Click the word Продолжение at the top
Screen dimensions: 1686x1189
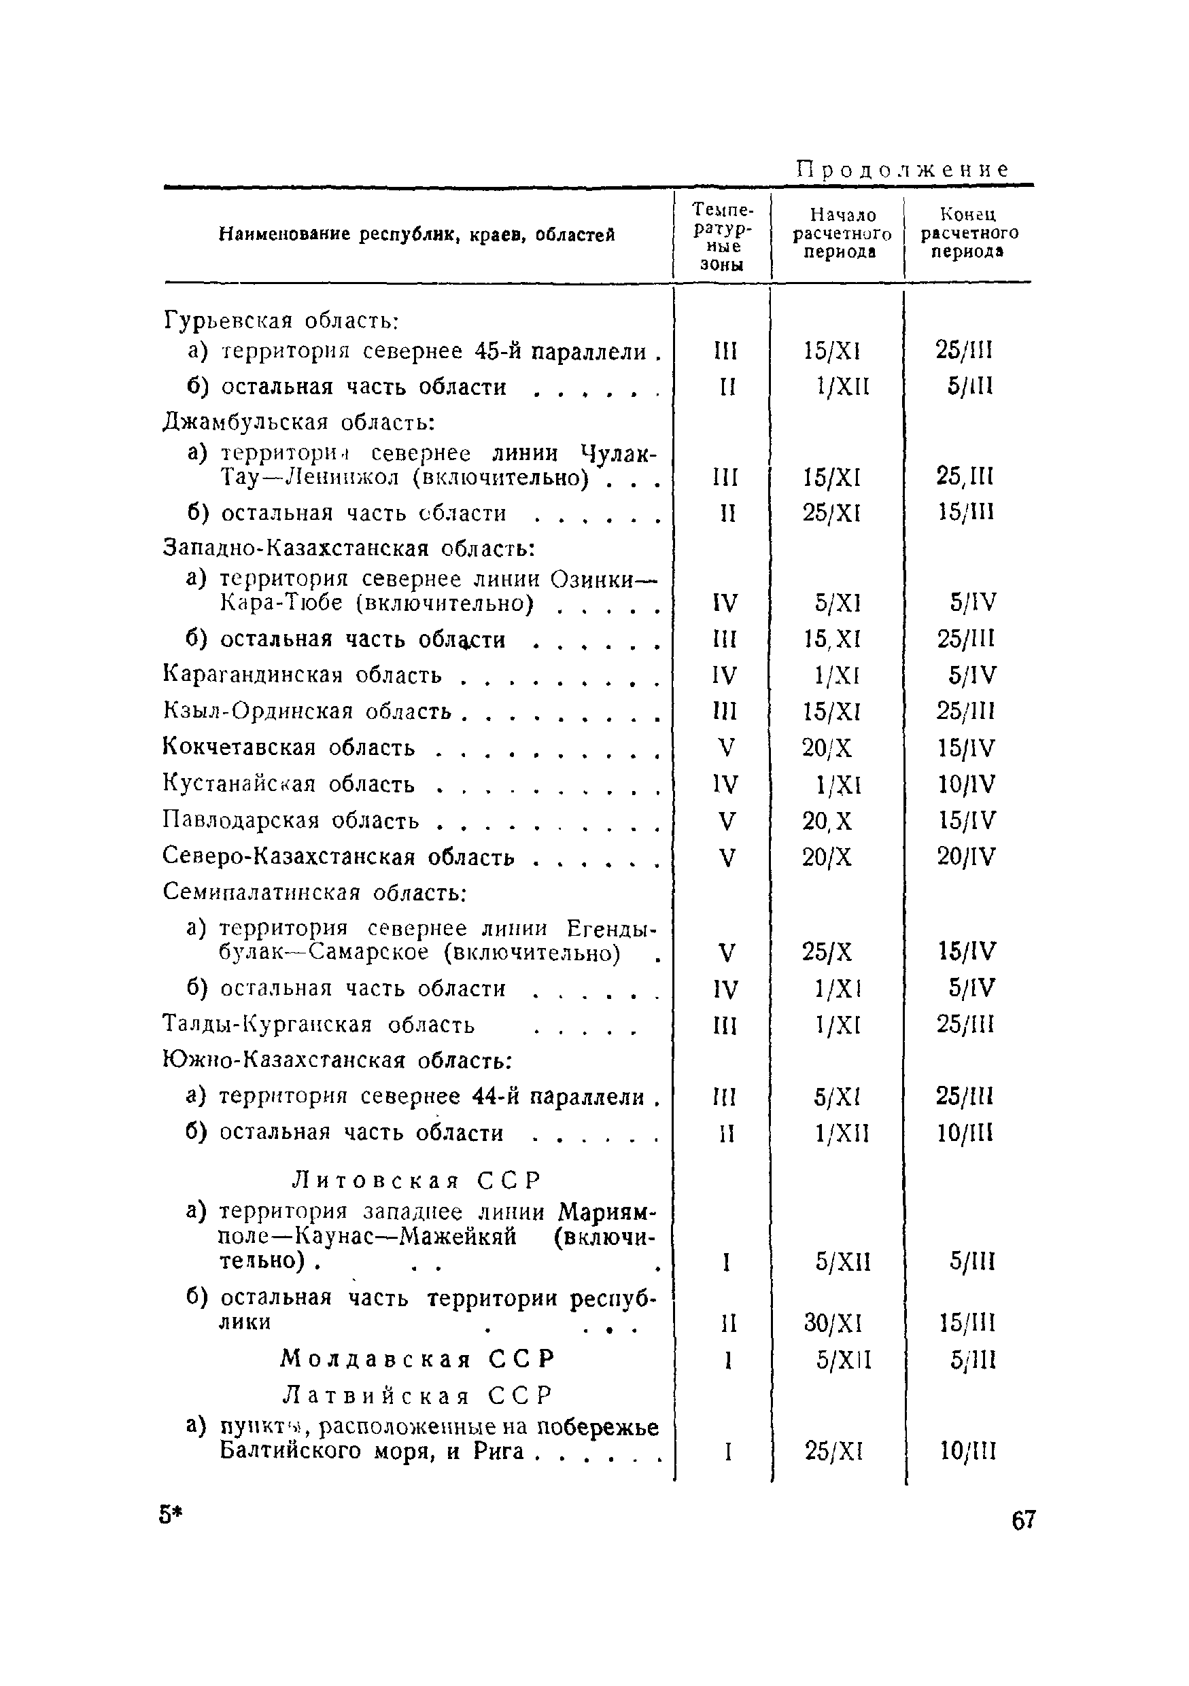click(x=903, y=171)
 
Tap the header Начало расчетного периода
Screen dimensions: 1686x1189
click(x=842, y=234)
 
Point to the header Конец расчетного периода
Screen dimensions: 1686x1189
click(x=969, y=233)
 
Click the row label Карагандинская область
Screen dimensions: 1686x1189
click(x=303, y=675)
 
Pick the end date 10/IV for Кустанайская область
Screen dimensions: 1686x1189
click(x=967, y=784)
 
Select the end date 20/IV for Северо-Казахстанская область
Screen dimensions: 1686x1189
click(x=967, y=856)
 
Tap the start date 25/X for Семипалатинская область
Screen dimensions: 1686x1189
click(x=827, y=953)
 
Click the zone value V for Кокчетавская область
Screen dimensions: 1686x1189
click(x=725, y=748)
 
